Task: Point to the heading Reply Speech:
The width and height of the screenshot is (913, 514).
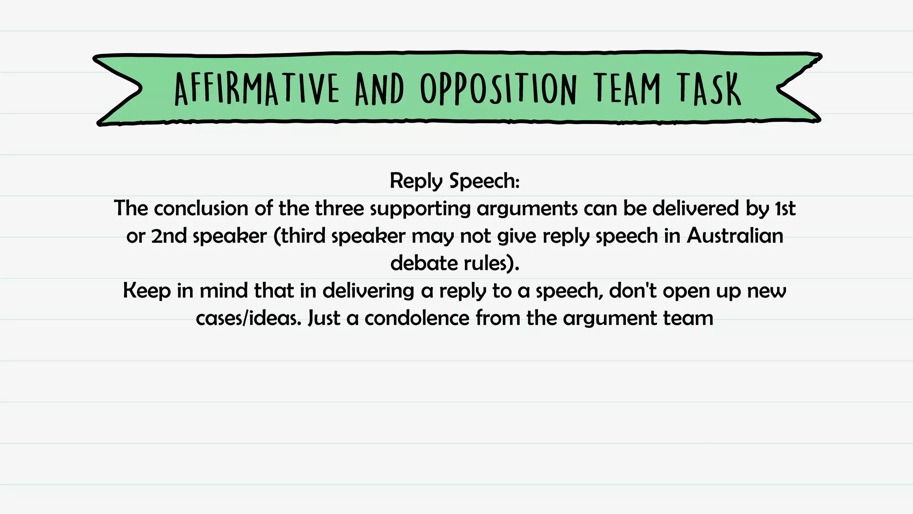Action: [x=455, y=181]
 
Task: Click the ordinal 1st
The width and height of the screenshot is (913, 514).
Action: [x=786, y=208]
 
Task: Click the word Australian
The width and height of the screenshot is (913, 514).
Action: [x=735, y=236]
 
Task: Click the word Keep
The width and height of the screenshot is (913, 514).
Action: [x=147, y=291]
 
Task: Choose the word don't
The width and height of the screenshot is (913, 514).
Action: [x=633, y=291]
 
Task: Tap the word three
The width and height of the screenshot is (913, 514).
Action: [x=341, y=208]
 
